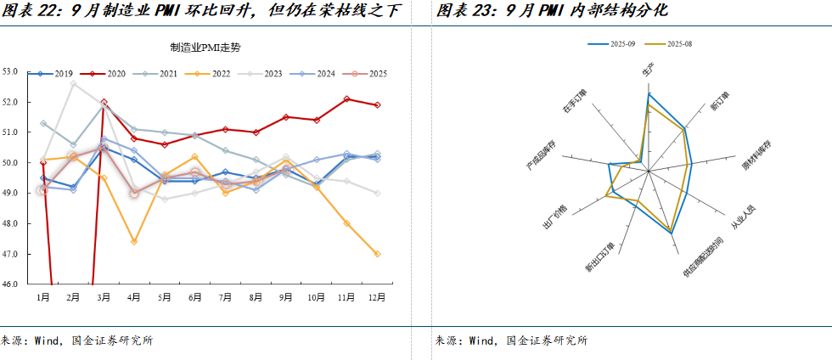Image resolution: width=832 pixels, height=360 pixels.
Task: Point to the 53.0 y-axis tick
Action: click(x=11, y=71)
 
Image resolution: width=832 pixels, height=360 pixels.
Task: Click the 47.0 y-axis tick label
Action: click(x=11, y=254)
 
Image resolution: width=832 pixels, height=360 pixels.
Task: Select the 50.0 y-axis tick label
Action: click(x=11, y=163)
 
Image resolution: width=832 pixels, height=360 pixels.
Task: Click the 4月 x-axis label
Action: click(x=134, y=297)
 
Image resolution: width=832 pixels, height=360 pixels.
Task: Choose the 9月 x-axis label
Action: click(x=286, y=297)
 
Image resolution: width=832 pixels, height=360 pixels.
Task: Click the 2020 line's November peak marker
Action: click(x=347, y=98)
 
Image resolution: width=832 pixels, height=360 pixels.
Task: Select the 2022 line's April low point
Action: click(x=134, y=242)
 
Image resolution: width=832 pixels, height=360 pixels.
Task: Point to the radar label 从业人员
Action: click(x=743, y=218)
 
